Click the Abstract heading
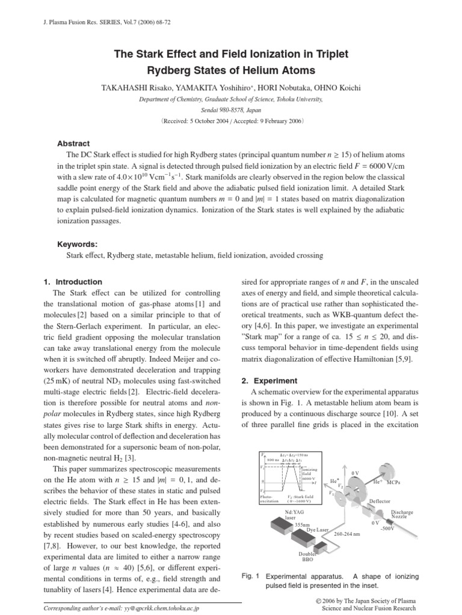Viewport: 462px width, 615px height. pos(73,144)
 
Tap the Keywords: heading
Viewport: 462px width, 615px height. pos(77,244)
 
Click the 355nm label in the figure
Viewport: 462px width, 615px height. pos(303,524)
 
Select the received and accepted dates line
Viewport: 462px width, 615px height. pos(231,120)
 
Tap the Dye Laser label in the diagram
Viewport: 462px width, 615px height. pos(317,530)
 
